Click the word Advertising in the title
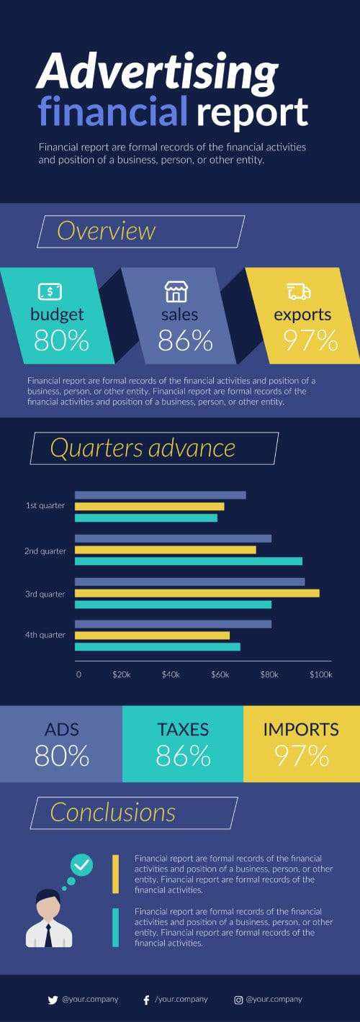(157, 73)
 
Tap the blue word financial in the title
(112, 112)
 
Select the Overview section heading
(107, 231)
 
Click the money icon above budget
(50, 291)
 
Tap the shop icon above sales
(176, 291)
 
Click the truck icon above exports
(299, 291)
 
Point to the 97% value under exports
(310, 340)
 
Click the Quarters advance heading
(143, 448)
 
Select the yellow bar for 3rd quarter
(197, 593)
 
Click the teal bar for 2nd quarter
(188, 561)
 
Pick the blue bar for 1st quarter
(160, 495)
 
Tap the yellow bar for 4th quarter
(152, 635)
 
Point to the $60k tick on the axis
(220, 675)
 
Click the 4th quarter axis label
(45, 635)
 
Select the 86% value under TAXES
(183, 756)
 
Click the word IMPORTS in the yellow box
(301, 729)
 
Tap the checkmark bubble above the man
(82, 864)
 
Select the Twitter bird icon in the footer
(52, 1000)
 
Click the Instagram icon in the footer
(238, 1000)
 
